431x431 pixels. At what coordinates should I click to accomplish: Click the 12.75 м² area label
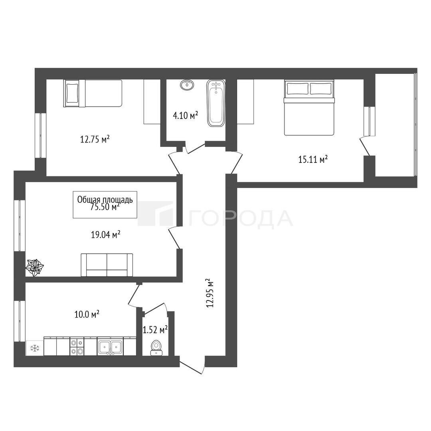[95, 139]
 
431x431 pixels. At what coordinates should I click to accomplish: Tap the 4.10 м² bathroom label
[185, 115]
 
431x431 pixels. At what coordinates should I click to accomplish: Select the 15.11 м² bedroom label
[313, 159]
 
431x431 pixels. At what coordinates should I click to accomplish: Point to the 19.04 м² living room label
[106, 235]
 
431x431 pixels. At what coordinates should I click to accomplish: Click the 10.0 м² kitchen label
[87, 314]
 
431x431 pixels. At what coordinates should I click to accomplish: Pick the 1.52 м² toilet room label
[155, 330]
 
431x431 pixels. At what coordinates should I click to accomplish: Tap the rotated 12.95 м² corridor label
[210, 293]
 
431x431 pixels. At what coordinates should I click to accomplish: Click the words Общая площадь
[105, 200]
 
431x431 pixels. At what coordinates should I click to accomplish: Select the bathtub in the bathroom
[216, 103]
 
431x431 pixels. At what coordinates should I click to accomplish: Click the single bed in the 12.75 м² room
[93, 93]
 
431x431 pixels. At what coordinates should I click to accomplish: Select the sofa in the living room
[107, 265]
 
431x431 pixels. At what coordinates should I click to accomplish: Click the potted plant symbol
[35, 267]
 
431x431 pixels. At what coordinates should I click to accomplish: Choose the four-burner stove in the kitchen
[77, 347]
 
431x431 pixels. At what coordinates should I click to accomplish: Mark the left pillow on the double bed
[297, 89]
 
